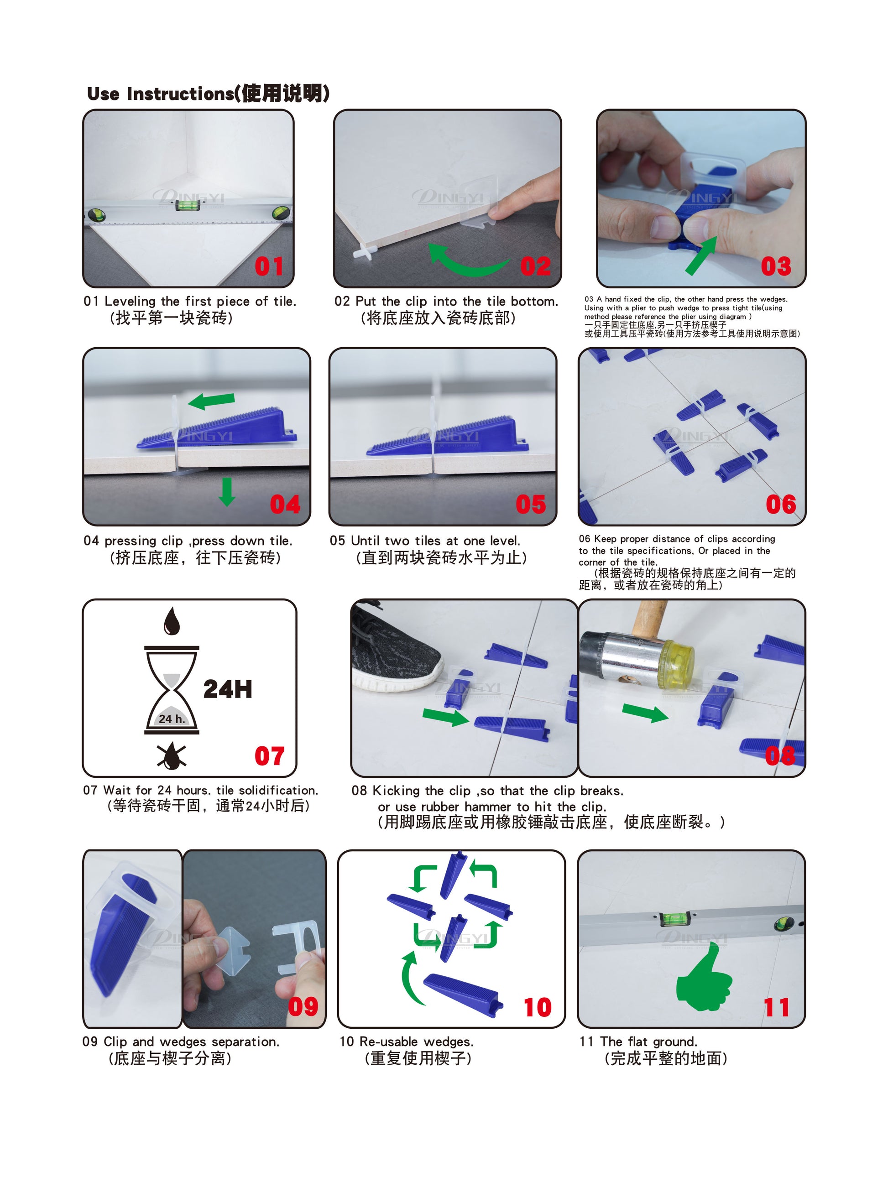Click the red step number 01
coord(269,266)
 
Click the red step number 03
coord(776,266)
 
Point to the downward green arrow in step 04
coord(227,492)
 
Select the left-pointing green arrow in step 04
coord(211,401)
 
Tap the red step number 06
coord(781,504)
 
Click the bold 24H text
coord(227,689)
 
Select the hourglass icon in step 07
coord(172,690)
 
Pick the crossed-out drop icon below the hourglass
coord(172,756)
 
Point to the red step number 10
coord(537,1007)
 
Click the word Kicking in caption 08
coord(395,791)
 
